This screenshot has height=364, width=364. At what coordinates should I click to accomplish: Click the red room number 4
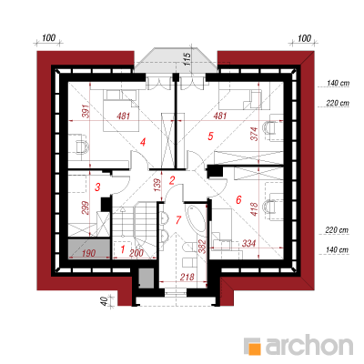click(x=143, y=142)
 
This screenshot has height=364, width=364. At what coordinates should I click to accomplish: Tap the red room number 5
click(x=210, y=136)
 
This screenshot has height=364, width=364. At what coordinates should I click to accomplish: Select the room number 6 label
click(x=238, y=199)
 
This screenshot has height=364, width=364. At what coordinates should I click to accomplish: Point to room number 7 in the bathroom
click(x=178, y=219)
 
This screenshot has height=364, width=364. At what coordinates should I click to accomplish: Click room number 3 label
click(x=97, y=187)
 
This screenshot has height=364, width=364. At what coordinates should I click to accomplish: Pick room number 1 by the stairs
click(x=123, y=249)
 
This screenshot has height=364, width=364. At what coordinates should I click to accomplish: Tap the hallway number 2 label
click(x=172, y=181)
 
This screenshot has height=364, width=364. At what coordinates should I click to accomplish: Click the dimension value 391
click(x=86, y=111)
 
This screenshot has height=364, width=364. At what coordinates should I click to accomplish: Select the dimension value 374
click(x=254, y=134)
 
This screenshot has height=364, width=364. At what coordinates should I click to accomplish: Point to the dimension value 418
click(x=254, y=209)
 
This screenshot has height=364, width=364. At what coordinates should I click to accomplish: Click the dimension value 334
click(x=248, y=243)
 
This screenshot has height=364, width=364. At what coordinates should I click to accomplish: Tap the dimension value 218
click(x=187, y=277)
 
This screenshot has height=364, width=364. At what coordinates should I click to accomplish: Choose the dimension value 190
click(x=88, y=253)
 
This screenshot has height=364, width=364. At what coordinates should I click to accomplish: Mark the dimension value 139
click(x=157, y=185)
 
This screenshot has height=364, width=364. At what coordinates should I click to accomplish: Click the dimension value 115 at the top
click(x=187, y=59)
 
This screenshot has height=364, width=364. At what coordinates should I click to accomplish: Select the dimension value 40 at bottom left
click(x=104, y=301)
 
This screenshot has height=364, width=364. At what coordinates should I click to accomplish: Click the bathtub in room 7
click(x=197, y=220)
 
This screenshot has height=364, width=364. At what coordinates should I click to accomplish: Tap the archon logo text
click(x=308, y=345)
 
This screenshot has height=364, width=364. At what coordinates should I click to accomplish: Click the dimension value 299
click(x=86, y=207)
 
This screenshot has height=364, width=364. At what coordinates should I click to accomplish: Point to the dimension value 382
click(x=203, y=247)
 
